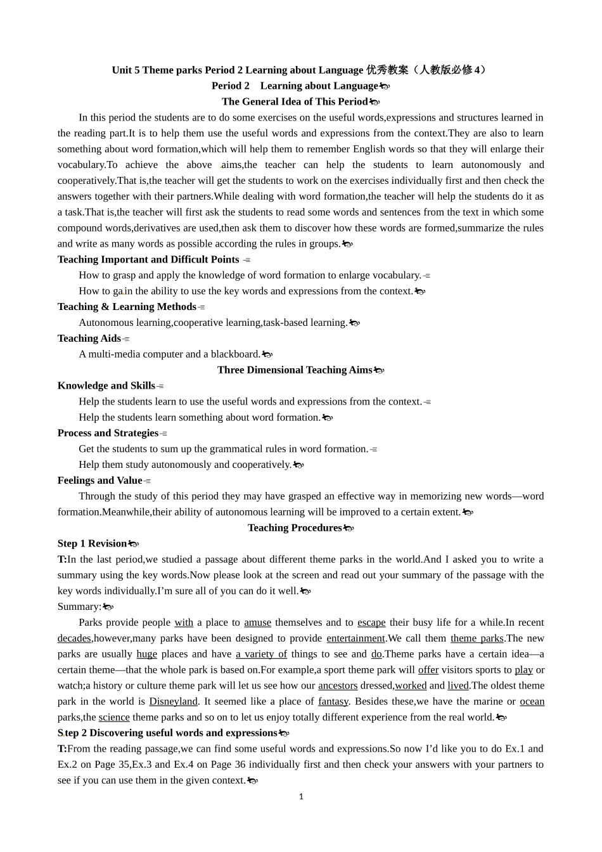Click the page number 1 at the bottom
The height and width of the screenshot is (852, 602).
click(301, 796)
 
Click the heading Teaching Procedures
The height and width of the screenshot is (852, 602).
click(295, 527)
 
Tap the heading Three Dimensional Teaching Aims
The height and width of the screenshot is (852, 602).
click(295, 370)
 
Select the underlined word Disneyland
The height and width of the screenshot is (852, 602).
click(173, 701)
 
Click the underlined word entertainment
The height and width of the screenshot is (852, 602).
click(355, 638)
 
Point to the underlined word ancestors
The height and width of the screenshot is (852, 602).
click(338, 685)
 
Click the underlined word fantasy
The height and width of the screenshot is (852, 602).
click(333, 701)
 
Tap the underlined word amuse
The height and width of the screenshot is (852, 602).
click(257, 623)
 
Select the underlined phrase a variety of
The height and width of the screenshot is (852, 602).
click(261, 654)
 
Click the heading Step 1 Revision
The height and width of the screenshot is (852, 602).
click(92, 543)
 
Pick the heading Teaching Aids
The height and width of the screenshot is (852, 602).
click(89, 338)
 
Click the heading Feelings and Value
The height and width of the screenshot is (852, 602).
click(99, 481)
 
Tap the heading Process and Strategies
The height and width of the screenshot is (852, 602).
click(108, 433)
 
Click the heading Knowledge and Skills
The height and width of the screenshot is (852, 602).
click(106, 385)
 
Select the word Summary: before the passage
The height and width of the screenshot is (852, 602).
click(79, 607)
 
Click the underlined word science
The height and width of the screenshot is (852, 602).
click(114, 717)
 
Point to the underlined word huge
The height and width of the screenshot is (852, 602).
click(146, 654)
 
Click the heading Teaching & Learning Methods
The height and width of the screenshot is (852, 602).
click(127, 307)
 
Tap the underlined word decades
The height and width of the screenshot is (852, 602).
click(74, 638)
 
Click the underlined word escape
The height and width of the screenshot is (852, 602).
click(371, 623)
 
